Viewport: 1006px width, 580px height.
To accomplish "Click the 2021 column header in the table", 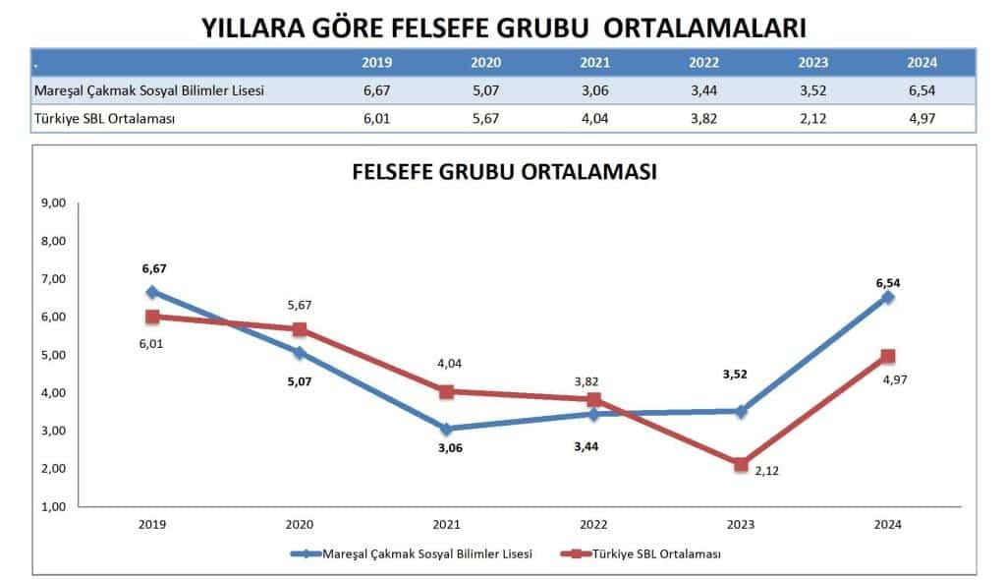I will [594, 62].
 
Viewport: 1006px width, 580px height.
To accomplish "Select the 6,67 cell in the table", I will [377, 90].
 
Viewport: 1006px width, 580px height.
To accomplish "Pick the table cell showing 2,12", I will [812, 118].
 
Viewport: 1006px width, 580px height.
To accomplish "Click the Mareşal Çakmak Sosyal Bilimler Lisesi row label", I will [149, 90].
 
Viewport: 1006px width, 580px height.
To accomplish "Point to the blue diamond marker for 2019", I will [152, 292].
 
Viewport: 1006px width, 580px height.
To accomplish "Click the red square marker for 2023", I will [741, 465].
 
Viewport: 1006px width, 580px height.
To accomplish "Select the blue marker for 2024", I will [887, 297].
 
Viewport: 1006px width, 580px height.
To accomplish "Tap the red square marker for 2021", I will [446, 391].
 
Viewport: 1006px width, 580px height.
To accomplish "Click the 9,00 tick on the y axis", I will [51, 203].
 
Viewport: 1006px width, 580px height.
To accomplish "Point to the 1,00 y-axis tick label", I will [51, 506].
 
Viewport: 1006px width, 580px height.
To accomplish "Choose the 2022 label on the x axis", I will [593, 524].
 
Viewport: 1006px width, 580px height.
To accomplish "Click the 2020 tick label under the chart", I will [300, 524].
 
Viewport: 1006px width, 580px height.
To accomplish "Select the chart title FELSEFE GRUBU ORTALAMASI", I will [504, 171].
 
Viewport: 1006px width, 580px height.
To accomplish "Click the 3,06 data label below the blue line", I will [448, 448].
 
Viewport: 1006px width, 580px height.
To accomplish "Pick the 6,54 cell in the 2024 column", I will [922, 90].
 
